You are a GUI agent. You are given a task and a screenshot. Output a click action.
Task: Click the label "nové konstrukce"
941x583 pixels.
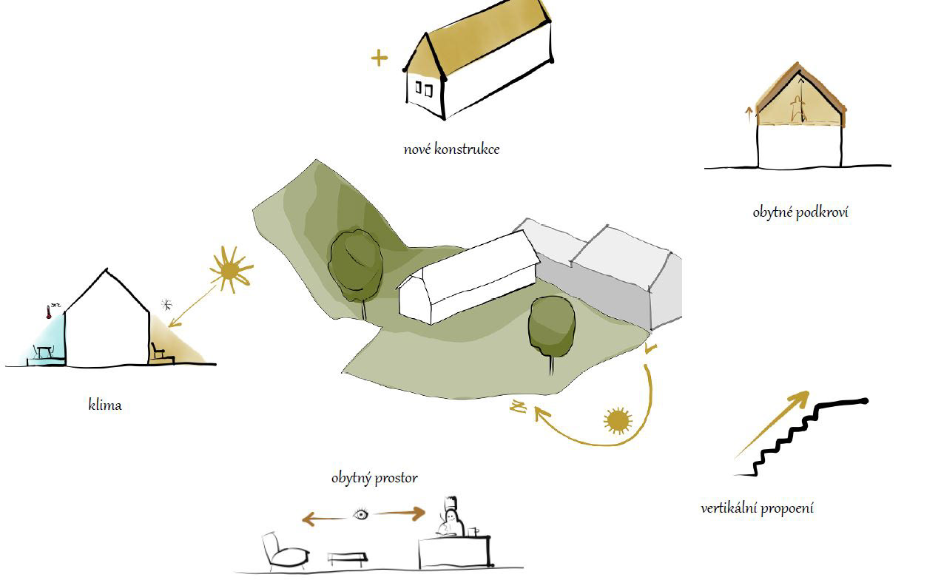click(451, 149)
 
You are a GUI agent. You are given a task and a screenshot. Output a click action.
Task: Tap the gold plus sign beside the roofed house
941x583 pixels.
click(379, 58)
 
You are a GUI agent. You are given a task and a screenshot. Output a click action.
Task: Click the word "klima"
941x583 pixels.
click(104, 405)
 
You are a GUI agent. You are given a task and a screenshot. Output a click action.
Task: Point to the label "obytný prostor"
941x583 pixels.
click(374, 478)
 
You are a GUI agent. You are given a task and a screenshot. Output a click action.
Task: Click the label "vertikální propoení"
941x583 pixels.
click(757, 508)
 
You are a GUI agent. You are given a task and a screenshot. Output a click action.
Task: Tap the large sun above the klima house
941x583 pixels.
click(231, 269)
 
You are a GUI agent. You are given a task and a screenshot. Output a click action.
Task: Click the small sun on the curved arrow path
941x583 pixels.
click(617, 421)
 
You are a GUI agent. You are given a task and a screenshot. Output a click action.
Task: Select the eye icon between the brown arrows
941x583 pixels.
click(360, 514)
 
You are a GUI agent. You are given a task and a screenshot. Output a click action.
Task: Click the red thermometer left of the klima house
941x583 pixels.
click(47, 311)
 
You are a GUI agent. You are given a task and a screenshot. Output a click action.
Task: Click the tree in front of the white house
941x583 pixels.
click(551, 329)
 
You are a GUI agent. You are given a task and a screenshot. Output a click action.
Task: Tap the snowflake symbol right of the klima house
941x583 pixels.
click(168, 304)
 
